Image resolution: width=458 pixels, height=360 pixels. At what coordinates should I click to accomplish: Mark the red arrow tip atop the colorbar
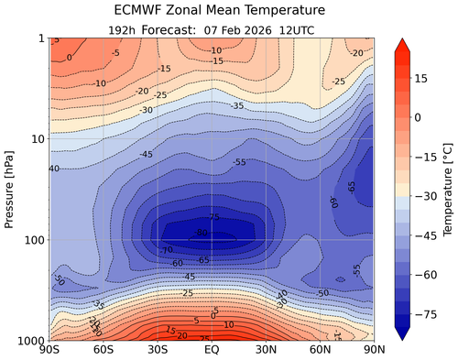400,41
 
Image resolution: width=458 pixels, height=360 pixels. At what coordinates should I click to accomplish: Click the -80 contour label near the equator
213,234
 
